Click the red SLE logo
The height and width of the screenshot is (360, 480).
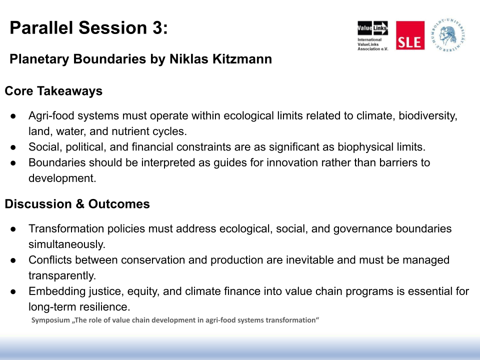pos(410,35)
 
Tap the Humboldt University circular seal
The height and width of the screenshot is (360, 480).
pos(448,35)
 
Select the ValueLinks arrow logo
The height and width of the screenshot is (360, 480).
pos(372,28)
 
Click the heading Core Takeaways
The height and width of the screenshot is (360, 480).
pos(53,91)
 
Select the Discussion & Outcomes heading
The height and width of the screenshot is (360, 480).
pos(77,204)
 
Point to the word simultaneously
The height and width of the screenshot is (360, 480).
pos(66,244)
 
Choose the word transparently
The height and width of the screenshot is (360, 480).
pos(62,276)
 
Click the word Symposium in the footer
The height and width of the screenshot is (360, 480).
pos(50,320)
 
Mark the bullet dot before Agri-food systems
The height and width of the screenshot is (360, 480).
pos(13,116)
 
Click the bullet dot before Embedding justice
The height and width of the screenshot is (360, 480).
pos(13,291)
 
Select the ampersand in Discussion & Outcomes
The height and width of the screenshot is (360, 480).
pos(80,204)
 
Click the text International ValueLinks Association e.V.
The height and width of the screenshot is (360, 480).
pos(372,44)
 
